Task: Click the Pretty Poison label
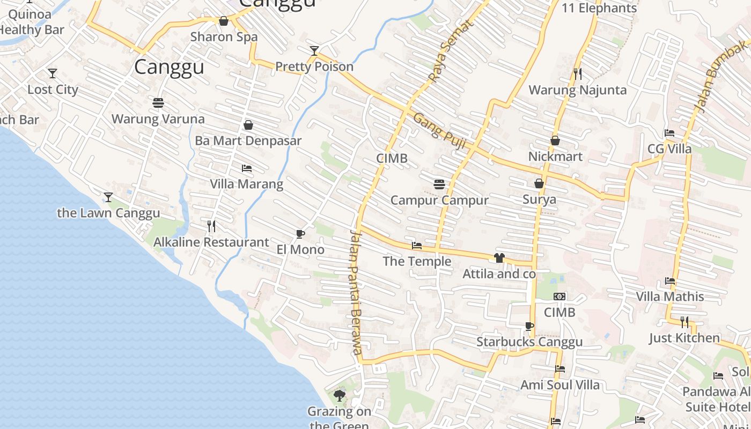314,66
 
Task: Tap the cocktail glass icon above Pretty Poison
314,51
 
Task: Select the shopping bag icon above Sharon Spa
224,21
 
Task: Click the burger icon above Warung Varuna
158,102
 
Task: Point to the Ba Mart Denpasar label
248,140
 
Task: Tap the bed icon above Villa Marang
247,168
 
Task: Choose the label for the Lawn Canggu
108,213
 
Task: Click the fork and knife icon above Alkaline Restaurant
211,226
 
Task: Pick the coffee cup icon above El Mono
300,234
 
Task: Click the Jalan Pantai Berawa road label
355,292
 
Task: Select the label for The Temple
417,261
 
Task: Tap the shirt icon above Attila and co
499,258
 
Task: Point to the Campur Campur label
439,200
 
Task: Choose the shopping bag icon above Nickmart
555,140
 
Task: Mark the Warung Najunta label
578,90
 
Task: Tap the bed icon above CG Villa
669,133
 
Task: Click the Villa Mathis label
670,297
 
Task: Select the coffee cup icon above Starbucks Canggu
529,326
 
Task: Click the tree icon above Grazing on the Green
339,396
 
